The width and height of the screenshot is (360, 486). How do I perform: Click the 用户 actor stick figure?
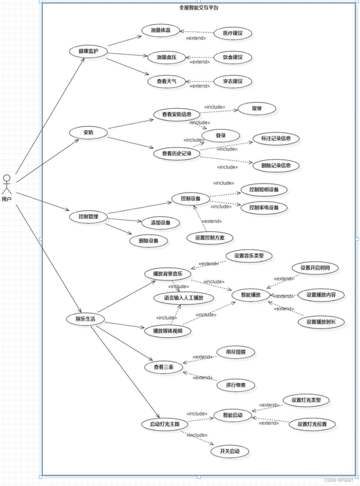(6, 184)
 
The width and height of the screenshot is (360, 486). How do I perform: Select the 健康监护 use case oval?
(88, 51)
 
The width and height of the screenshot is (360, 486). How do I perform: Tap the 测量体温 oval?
(160, 30)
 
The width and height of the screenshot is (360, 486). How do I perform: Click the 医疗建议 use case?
(233, 33)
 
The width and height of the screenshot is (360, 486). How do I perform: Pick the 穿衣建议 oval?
(233, 81)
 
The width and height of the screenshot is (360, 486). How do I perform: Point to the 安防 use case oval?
(88, 132)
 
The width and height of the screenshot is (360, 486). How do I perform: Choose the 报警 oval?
(257, 108)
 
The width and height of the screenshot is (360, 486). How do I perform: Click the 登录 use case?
(221, 135)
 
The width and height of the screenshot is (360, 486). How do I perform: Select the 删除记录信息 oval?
(276, 165)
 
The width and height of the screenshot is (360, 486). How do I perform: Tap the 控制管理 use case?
(88, 216)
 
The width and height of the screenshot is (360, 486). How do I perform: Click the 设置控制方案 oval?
(210, 238)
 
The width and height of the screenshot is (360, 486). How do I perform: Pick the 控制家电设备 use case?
(264, 207)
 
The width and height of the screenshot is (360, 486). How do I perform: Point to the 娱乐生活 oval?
(85, 319)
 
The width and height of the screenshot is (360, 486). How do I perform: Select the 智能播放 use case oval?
(251, 295)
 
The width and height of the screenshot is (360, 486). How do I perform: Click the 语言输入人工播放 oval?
(184, 298)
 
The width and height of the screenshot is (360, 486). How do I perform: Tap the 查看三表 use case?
(163, 367)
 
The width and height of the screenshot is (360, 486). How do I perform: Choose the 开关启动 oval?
(229, 451)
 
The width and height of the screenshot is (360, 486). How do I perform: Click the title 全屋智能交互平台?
(199, 7)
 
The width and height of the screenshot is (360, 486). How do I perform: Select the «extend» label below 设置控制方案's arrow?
(211, 221)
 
